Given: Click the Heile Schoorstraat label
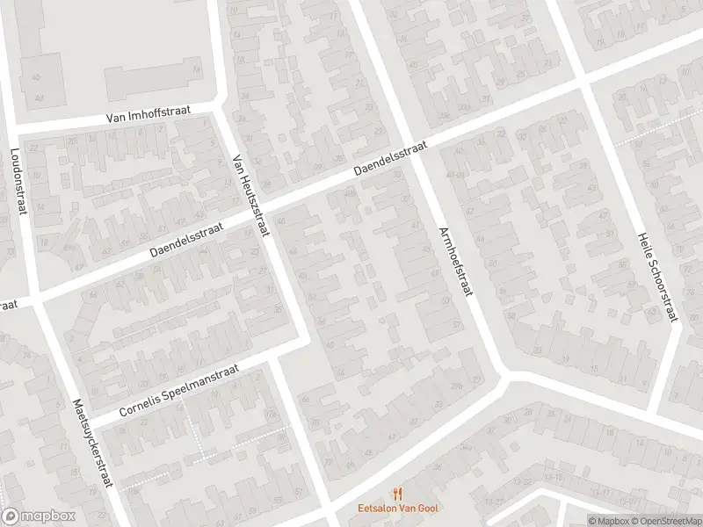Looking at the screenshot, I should click(x=658, y=278).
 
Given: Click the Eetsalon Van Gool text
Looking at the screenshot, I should click(x=398, y=508).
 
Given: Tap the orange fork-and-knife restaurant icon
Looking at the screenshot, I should click(x=398, y=493).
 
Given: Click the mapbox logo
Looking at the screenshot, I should click(x=37, y=516).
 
